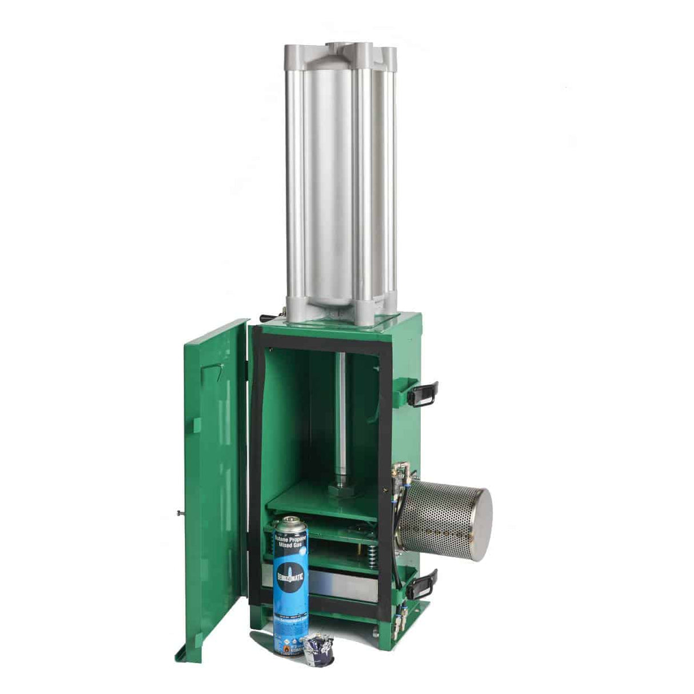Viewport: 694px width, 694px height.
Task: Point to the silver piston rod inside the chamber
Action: (x=341, y=412)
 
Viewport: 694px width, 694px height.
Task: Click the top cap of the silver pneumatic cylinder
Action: (x=342, y=50)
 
